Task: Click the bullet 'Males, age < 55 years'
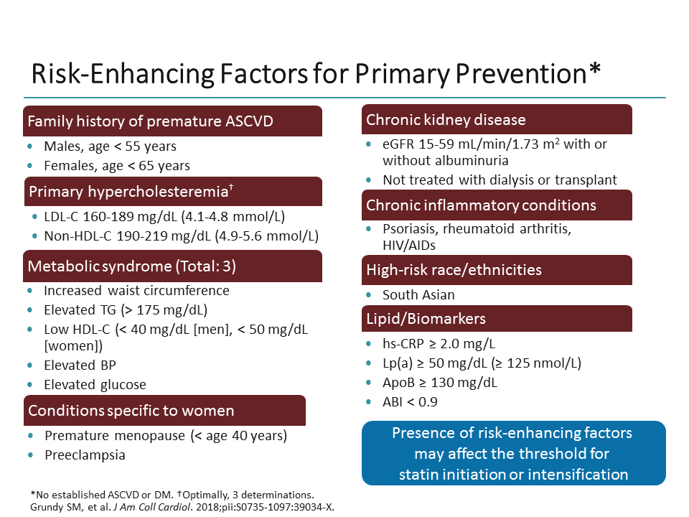pyautogui.click(x=110, y=146)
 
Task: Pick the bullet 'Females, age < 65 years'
pyautogui.click(x=116, y=166)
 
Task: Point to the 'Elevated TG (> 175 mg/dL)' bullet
pyautogui.click(x=125, y=310)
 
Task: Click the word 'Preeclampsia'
pyautogui.click(x=84, y=455)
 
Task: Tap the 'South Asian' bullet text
pyautogui.click(x=418, y=295)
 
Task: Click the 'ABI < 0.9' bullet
pyautogui.click(x=410, y=401)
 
